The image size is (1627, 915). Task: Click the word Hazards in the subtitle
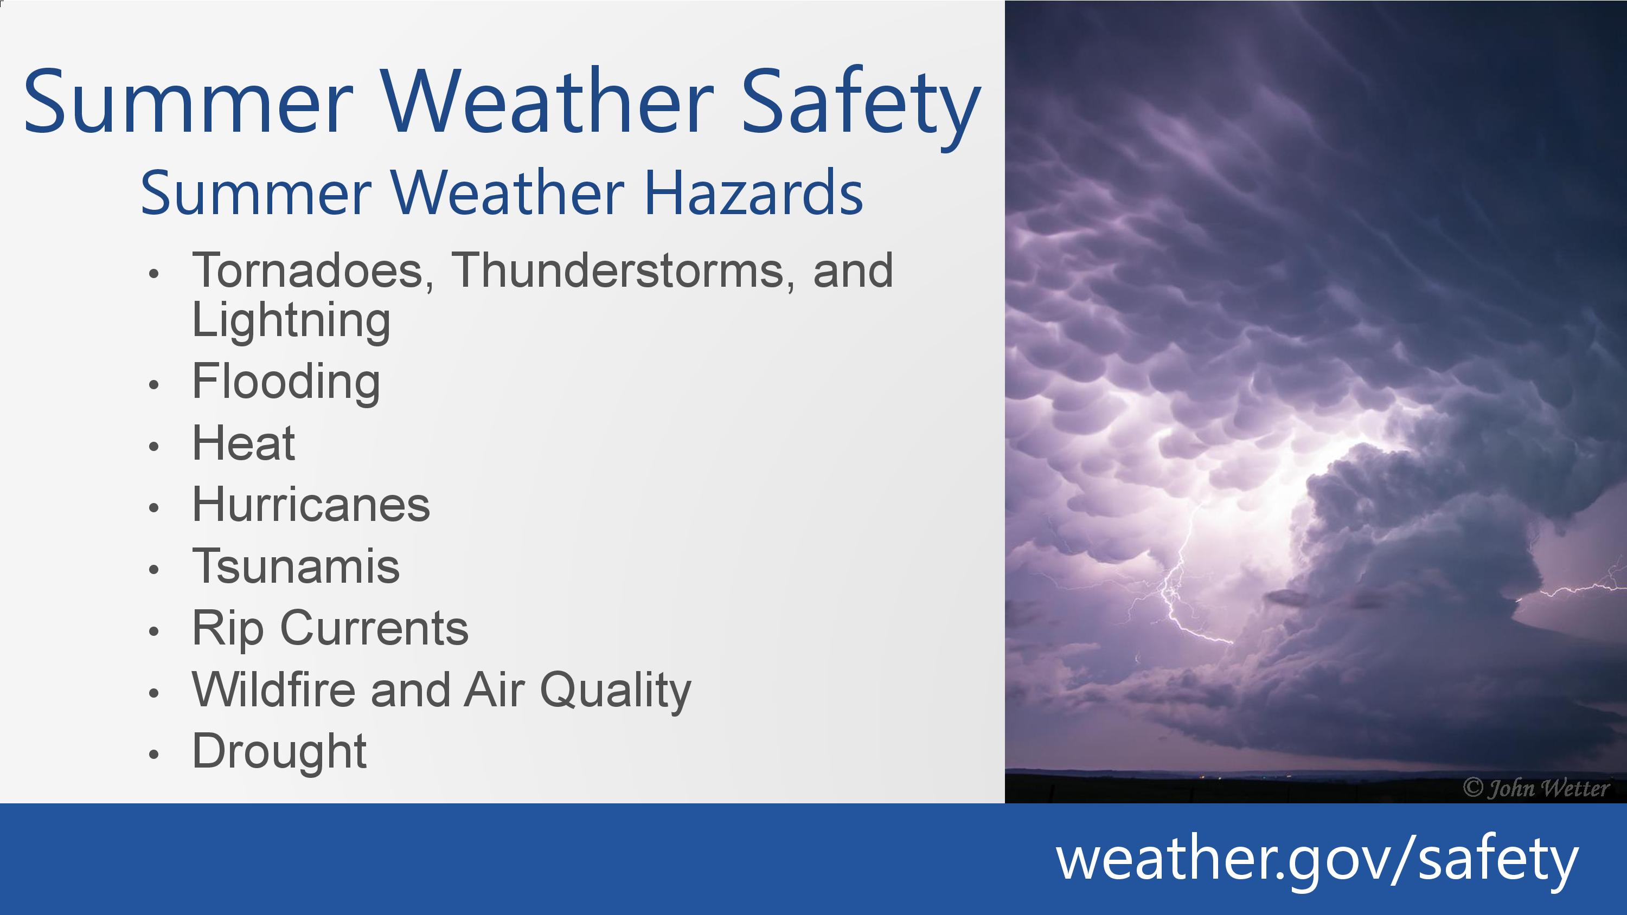[753, 192]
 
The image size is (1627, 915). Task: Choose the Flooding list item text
[286, 383]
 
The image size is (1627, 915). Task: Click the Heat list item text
[243, 443]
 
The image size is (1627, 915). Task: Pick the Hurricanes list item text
[311, 505]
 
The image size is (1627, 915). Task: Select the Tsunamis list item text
[296, 566]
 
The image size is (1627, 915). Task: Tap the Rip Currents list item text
[330, 628]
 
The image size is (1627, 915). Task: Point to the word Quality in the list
[615, 690]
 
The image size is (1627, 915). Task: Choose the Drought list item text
[279, 751]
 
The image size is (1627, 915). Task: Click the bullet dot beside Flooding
[153, 384]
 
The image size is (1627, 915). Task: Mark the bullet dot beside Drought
[153, 754]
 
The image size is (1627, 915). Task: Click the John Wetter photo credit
[1535, 788]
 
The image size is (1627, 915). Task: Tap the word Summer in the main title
[188, 102]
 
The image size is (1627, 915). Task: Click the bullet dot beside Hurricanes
[153, 508]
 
